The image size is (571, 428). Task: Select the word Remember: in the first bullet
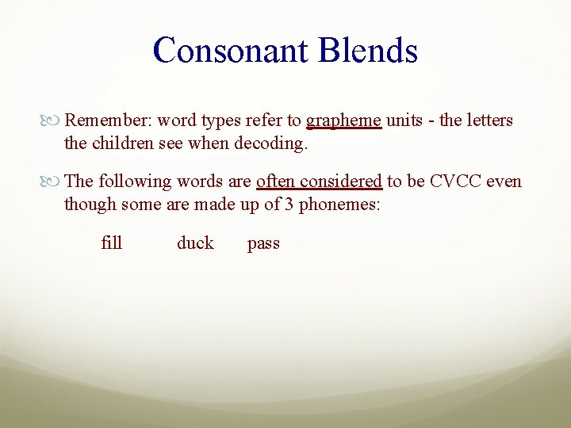pyautogui.click(x=108, y=120)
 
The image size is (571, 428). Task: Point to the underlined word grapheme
pyautogui.click(x=344, y=121)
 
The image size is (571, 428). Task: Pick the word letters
pyautogui.click(x=487, y=120)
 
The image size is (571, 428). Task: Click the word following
pyautogui.click(x=134, y=182)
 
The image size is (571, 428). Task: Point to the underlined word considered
pyautogui.click(x=342, y=182)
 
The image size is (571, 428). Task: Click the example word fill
pyautogui.click(x=112, y=243)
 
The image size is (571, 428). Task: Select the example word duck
pyautogui.click(x=195, y=243)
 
